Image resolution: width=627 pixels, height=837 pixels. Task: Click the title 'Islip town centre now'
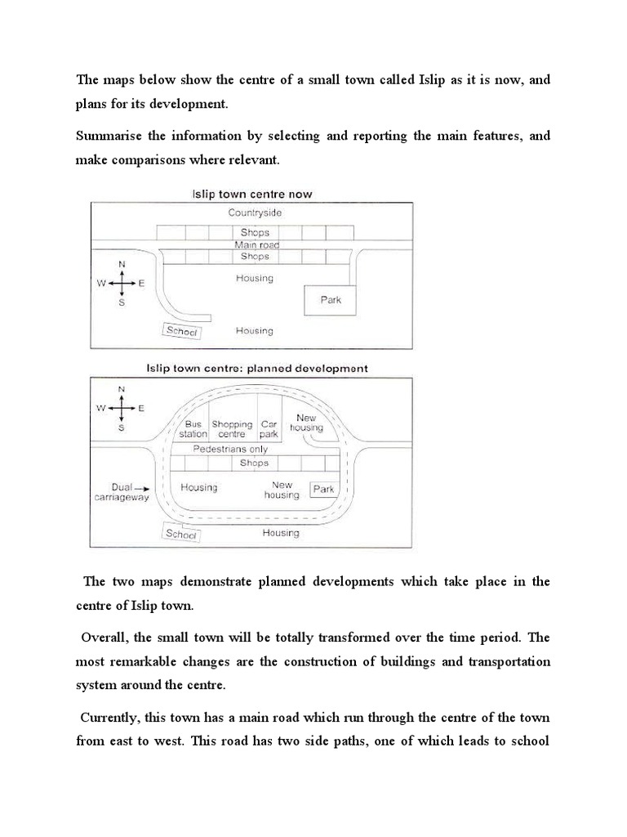[x=251, y=195]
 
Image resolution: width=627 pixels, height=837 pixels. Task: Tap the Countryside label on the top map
[x=254, y=212]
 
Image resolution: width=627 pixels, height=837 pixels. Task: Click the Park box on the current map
[x=331, y=300]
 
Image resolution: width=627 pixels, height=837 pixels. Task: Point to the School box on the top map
[x=182, y=331]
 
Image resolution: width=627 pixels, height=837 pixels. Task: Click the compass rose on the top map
[x=121, y=283]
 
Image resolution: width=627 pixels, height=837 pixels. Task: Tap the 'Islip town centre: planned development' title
[x=256, y=369]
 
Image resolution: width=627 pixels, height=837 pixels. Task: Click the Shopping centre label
[x=232, y=429]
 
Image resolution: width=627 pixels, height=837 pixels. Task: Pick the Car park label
[x=269, y=429]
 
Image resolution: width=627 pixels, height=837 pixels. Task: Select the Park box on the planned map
[x=324, y=490]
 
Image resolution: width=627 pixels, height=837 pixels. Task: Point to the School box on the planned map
[x=181, y=534]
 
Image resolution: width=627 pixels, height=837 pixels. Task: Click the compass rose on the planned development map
[x=121, y=406]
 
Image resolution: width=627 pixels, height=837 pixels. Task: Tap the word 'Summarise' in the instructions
[x=106, y=137]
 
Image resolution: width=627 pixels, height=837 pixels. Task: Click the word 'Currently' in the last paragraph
[x=110, y=717]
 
